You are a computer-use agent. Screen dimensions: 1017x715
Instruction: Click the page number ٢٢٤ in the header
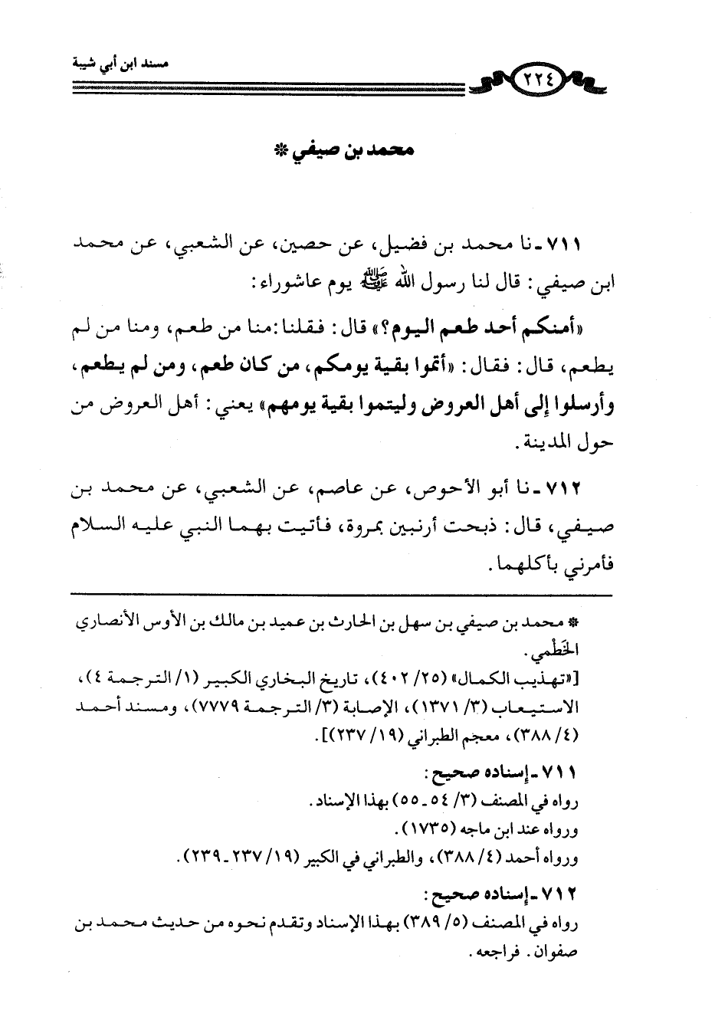[x=541, y=78]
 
